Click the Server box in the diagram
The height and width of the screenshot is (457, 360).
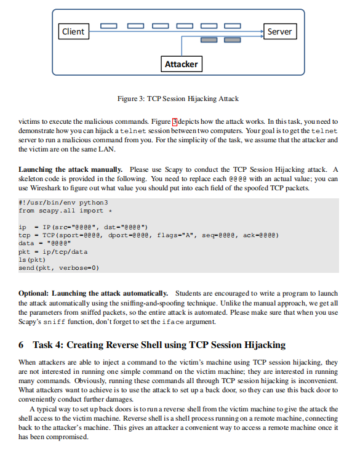(279, 31)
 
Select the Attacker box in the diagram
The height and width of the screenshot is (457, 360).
(181, 63)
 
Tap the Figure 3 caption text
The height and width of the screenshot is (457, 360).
(178, 99)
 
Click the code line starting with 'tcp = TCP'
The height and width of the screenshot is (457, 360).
(150, 235)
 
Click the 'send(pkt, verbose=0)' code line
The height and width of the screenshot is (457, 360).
(59, 267)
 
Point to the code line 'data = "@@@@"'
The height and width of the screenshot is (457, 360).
(44, 243)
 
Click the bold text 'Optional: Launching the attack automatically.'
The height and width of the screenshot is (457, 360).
(94, 293)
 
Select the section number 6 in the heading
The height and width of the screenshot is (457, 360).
(22, 345)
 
